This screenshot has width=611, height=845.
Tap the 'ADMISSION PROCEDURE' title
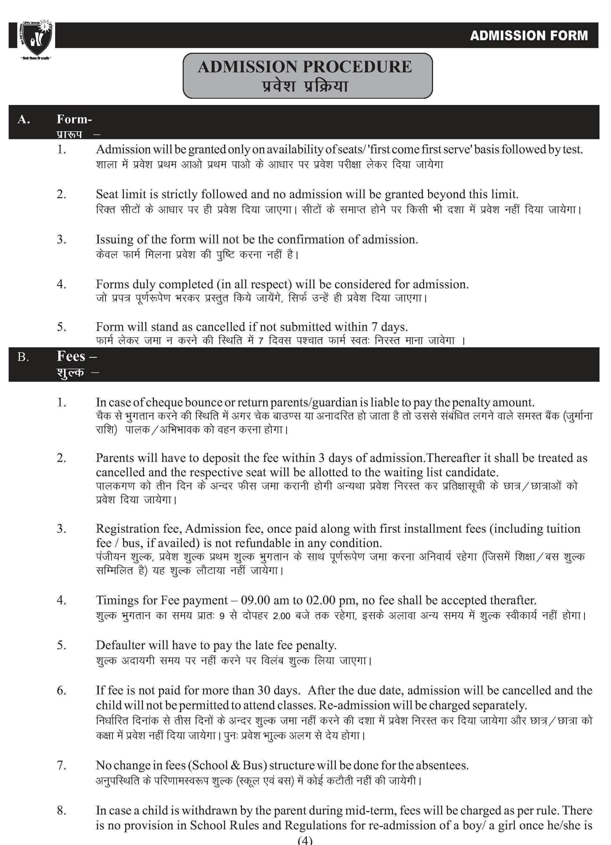pyautogui.click(x=305, y=67)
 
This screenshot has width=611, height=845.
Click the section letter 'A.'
pyautogui.click(x=23, y=119)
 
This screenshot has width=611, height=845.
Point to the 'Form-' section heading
pyautogui.click(x=74, y=119)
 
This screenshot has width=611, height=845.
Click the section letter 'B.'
pyautogui.click(x=23, y=357)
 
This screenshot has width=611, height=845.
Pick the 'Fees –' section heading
pyautogui.click(x=77, y=356)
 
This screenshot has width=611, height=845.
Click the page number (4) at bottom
pyautogui.click(x=305, y=840)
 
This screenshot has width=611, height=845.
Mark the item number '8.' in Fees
pyautogui.click(x=61, y=810)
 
